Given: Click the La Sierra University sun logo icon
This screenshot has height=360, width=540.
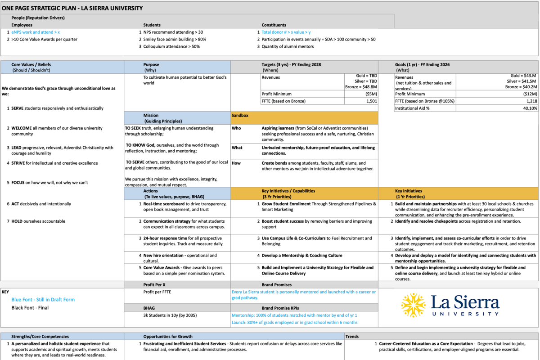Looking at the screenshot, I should [413, 305].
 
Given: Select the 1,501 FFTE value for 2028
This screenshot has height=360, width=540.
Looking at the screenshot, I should [371, 101].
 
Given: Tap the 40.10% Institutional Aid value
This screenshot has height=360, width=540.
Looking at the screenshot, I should [529, 108].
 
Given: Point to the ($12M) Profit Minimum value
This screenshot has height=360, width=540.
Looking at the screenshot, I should [528, 94].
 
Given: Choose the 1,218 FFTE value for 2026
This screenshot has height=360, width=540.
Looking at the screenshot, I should [531, 101].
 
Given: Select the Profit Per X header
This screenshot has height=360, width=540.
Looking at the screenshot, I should [154, 285].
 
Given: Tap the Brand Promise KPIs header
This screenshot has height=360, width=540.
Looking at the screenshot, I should [281, 308].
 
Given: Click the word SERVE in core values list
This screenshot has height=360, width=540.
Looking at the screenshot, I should [18, 108].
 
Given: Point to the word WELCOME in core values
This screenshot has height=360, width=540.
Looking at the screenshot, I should [22, 128].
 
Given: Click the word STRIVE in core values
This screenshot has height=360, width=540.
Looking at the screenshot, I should [18, 163].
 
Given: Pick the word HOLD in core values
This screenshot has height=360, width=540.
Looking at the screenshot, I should [17, 221].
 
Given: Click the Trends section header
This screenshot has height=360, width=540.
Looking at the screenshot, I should [352, 336].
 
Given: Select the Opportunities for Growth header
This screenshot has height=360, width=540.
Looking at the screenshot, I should [167, 336].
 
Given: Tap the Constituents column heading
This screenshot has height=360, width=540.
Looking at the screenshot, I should [274, 25].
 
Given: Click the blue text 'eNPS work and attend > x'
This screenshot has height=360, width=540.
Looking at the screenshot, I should [36, 32].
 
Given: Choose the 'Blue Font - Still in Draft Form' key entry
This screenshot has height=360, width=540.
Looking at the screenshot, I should [43, 300].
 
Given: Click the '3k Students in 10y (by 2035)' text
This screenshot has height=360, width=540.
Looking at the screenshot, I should [170, 315].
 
